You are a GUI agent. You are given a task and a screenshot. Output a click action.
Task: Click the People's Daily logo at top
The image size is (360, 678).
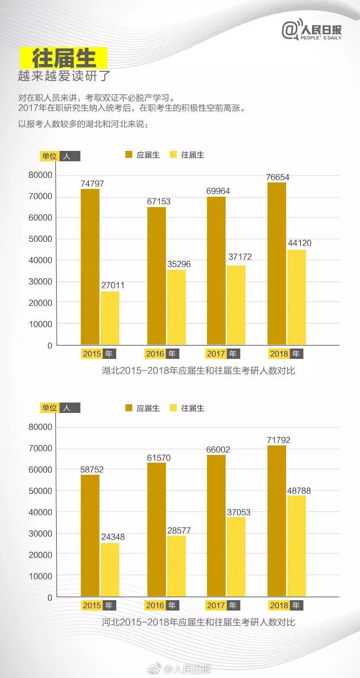pyautogui.click(x=312, y=31)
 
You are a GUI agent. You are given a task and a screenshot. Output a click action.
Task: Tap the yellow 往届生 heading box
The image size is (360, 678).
pyautogui.click(x=63, y=58)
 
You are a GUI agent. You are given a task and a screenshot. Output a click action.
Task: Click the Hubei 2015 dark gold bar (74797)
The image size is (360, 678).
pyautogui.click(x=90, y=267)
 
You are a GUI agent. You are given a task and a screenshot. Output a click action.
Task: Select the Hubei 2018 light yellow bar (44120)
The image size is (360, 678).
pyautogui.click(x=296, y=297)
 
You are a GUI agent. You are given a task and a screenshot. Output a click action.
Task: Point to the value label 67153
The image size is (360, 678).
pyautogui.click(x=159, y=201)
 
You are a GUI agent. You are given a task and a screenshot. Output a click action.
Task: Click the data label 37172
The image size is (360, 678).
pyautogui.click(x=239, y=257)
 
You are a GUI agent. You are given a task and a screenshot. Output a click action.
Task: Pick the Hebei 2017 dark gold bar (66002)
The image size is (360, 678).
pyautogui.click(x=216, y=525)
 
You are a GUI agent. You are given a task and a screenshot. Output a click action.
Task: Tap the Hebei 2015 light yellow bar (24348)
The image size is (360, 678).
pyautogui.click(x=110, y=569)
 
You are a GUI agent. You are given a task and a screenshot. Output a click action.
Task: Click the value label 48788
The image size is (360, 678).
pyautogui.click(x=299, y=491)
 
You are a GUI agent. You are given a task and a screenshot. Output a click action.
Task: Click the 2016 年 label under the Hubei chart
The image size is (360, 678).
pyautogui.click(x=161, y=354)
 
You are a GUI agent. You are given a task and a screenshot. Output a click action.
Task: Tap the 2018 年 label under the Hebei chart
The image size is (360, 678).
pyautogui.click(x=285, y=605)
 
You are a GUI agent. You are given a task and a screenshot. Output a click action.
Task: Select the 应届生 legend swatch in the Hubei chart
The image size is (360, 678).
pyautogui.click(x=129, y=155)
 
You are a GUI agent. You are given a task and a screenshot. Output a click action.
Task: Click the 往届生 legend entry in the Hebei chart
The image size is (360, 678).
pyautogui.click(x=187, y=408)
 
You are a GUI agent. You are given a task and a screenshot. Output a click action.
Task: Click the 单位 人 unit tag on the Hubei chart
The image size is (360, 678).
pyautogui.click(x=60, y=156)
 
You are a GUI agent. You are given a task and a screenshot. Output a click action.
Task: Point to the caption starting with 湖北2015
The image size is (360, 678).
pyautogui.click(x=198, y=371)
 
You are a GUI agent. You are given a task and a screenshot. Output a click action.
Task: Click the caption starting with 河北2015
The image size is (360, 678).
pyautogui.click(x=198, y=622)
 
